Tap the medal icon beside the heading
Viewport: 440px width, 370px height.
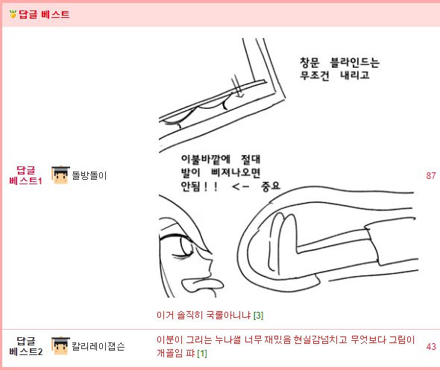(11, 14)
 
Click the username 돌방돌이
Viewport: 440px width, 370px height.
(89, 176)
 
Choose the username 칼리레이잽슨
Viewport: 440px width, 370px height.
(98, 346)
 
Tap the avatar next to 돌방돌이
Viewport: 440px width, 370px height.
(60, 175)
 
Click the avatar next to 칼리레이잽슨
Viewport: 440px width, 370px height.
(60, 346)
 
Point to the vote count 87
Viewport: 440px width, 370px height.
(430, 176)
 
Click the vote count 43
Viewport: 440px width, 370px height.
(430, 346)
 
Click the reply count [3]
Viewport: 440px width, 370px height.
(258, 315)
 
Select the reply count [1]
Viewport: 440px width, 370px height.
(201, 352)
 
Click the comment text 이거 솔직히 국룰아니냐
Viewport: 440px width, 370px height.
(204, 315)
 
